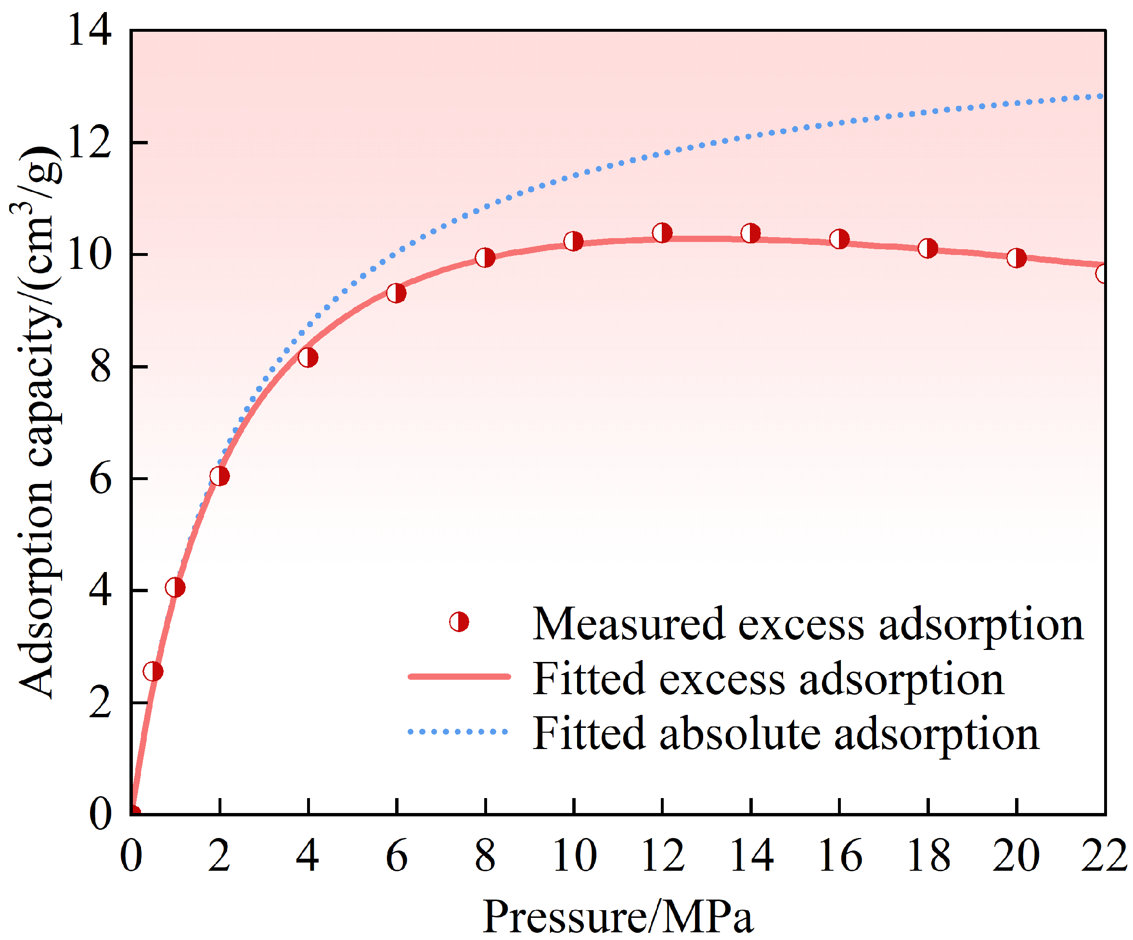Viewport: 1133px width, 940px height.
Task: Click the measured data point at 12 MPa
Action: point(662,233)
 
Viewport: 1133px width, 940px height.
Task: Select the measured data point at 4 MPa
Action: point(308,357)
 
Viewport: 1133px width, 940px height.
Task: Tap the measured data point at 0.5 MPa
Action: point(153,672)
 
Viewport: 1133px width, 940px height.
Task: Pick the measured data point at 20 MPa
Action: point(1017,258)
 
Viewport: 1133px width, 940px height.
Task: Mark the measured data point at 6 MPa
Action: point(397,293)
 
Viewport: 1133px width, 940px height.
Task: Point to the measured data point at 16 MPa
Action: point(839,239)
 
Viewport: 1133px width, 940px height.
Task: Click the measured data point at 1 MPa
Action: point(175,587)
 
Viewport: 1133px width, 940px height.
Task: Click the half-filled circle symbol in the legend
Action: point(459,622)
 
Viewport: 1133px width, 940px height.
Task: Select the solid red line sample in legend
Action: point(459,677)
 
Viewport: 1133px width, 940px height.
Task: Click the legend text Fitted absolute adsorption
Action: point(785,734)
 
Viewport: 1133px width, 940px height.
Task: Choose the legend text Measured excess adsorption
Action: point(808,624)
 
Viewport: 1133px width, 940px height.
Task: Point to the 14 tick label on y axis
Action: point(90,30)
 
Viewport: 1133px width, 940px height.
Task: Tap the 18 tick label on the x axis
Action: point(928,856)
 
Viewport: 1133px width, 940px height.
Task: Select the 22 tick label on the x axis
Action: point(1104,856)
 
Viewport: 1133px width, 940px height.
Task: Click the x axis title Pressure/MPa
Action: point(618,916)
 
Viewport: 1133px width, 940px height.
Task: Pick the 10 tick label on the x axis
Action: point(574,856)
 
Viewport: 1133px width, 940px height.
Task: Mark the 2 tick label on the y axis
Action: point(100,703)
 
